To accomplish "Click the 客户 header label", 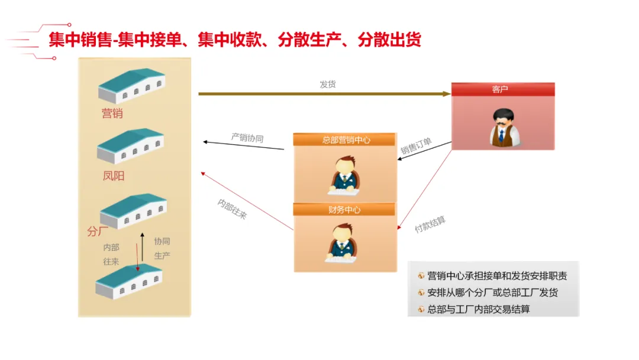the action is [499, 89].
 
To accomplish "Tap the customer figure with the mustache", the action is [505, 128].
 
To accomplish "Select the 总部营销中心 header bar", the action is [344, 140].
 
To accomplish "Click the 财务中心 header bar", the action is [344, 210].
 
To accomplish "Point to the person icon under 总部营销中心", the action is [344, 175].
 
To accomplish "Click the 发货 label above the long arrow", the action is [328, 85].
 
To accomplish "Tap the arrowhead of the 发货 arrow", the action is [447, 94].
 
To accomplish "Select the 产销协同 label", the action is [247, 138].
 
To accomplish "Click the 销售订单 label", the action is [416, 146].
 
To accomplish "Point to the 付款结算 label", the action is [430, 224].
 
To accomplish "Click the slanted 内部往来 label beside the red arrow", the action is [233, 209].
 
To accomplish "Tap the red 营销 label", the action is [112, 113].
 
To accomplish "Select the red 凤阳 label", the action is [113, 176].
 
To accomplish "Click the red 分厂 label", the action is [98, 232].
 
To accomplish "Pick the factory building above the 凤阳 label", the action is [130, 146].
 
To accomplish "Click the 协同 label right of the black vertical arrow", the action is [162, 242].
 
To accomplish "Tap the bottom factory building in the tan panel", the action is [129, 281].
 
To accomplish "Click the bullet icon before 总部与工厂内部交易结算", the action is [421, 310].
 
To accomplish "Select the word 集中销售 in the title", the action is [80, 40].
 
